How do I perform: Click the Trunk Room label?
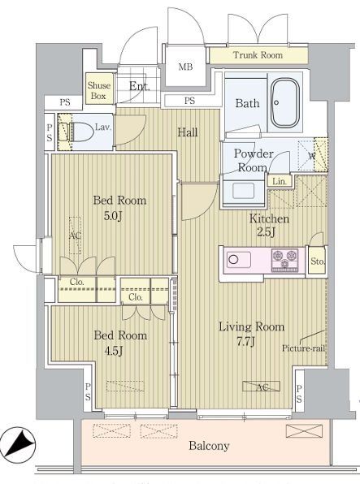[258, 55]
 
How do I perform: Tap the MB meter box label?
[185, 67]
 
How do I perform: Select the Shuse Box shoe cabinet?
[99, 89]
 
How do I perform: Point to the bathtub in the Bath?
[285, 103]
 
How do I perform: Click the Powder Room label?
[254, 161]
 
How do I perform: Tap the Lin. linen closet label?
[280, 182]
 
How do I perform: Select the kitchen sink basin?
[239, 260]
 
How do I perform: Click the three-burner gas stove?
[285, 260]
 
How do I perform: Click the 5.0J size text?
[113, 216]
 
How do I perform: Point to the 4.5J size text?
[114, 351]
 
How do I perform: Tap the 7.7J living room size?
[245, 342]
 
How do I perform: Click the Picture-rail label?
[303, 348]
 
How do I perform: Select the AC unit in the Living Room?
[262, 387]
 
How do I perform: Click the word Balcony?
[209, 446]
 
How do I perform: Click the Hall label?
[188, 132]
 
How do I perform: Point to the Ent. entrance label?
[140, 86]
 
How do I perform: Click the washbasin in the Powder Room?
[244, 191]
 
